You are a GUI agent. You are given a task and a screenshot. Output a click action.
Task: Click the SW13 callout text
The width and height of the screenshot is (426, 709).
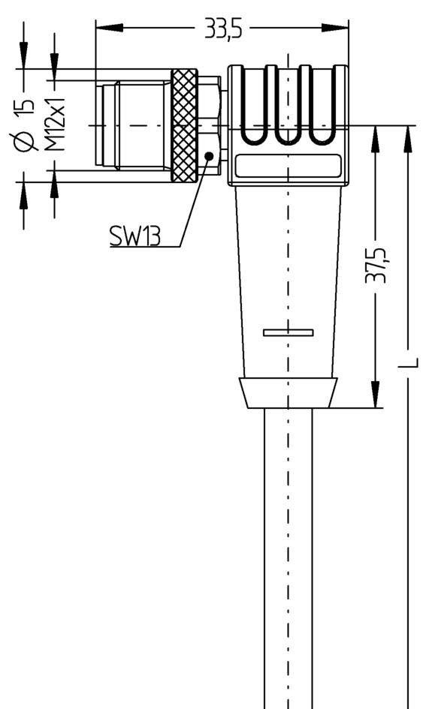coord(134,237)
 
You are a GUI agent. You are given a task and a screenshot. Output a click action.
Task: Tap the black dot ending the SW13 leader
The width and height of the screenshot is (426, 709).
coord(209,155)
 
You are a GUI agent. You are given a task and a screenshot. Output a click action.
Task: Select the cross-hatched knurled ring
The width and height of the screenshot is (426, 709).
coord(184,125)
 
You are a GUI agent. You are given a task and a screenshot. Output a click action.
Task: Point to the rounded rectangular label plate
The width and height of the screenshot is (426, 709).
coord(288,166)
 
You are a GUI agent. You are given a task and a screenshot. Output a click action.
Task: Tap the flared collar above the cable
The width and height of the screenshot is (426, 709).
coord(288,392)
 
